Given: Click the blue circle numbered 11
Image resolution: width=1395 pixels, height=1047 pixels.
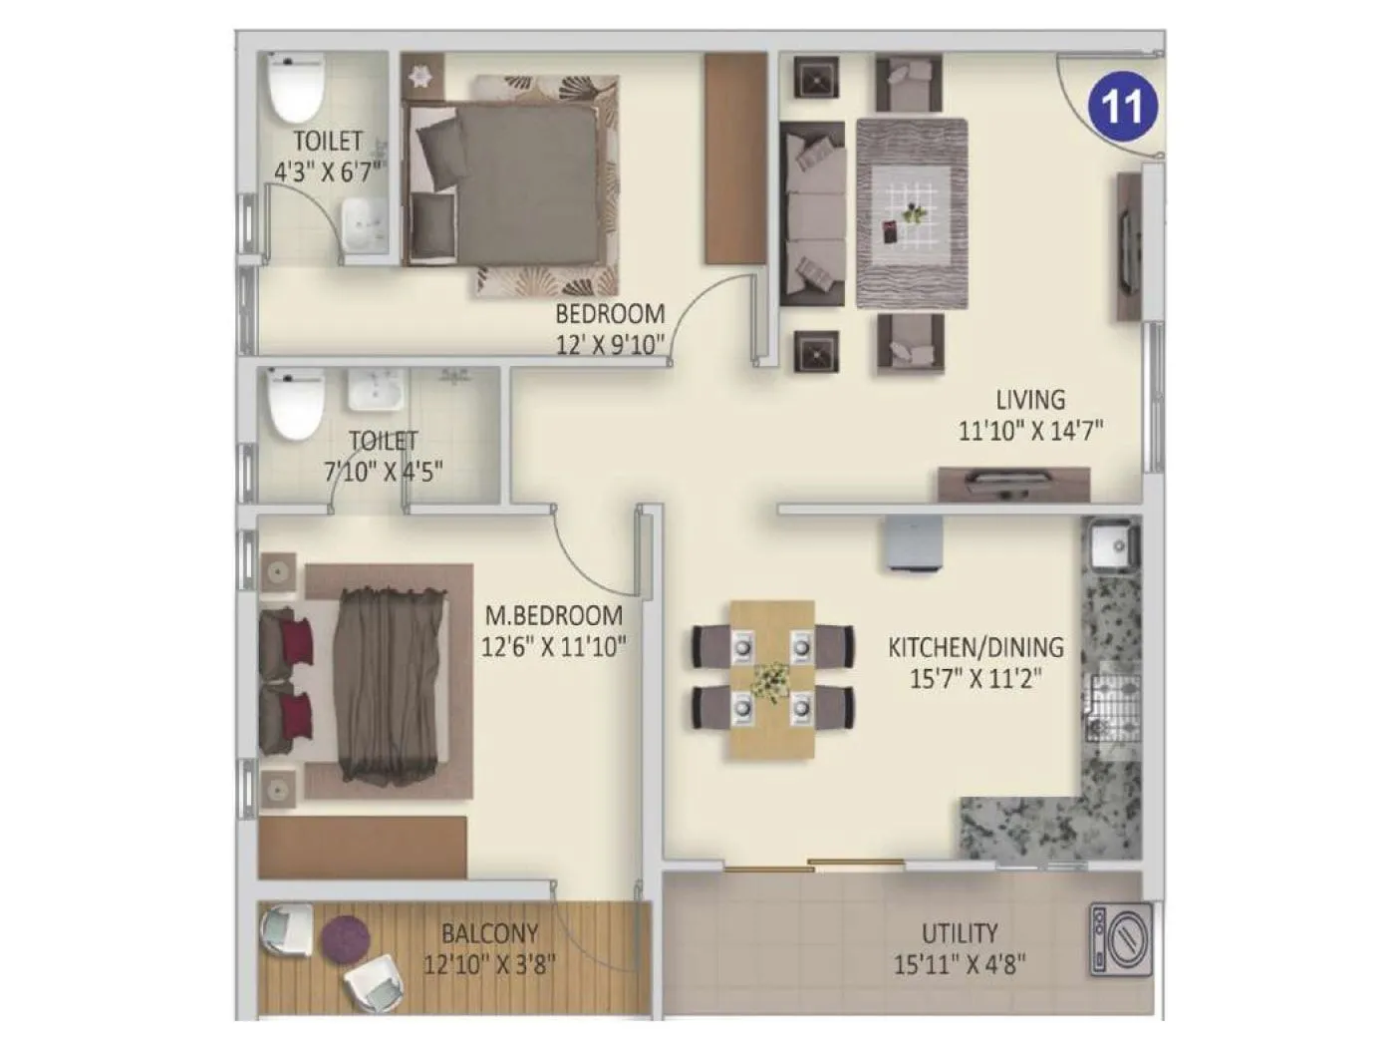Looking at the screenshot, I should coord(1123,105).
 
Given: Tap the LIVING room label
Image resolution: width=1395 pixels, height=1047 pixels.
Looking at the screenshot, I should coord(1030,400).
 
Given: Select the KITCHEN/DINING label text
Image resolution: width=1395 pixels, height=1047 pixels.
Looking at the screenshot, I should coord(976,647).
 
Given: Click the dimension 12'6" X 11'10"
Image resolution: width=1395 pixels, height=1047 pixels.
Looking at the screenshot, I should coord(554,647).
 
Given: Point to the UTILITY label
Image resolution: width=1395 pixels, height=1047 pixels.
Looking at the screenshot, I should coord(959,933).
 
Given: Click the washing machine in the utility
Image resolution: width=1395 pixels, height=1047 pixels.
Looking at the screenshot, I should coord(1121,939).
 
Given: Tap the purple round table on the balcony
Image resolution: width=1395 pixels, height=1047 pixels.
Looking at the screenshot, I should coord(345,939).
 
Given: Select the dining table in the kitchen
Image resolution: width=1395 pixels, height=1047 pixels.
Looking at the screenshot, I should coord(772,678).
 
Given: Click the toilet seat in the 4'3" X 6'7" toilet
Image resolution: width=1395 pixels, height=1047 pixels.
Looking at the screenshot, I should coord(295,88).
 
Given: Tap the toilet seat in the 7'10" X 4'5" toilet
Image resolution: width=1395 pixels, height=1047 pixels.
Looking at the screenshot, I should coord(296,405).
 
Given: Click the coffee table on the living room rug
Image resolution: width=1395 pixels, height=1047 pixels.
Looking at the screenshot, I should coord(912,212).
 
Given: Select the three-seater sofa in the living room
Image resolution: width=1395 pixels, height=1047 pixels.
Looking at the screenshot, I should coord(812,212).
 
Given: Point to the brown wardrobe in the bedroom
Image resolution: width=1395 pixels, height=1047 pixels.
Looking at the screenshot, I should coord(734,159).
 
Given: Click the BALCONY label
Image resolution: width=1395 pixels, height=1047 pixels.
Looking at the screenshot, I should coord(489,933).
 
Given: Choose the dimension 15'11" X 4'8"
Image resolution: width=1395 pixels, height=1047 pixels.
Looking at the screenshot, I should coord(960,964).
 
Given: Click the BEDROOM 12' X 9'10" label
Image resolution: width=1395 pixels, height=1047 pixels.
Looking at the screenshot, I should coord(610,314).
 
